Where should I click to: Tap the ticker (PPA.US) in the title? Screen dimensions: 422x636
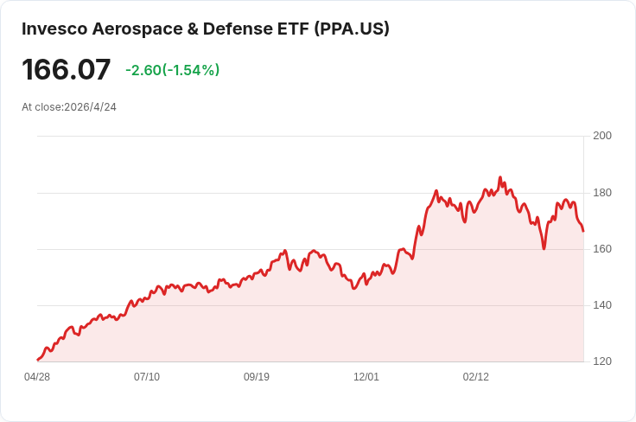click(x=353, y=29)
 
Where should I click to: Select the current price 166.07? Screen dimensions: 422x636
click(x=67, y=70)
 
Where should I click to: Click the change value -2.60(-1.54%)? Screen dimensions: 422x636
click(x=172, y=70)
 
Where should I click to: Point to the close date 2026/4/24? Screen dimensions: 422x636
click(x=90, y=107)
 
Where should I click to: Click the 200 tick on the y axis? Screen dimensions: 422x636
click(x=602, y=136)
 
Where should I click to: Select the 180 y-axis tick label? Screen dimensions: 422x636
click(x=602, y=192)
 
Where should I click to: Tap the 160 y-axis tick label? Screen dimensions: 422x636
click(x=602, y=249)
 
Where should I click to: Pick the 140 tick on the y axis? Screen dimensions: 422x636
click(x=602, y=305)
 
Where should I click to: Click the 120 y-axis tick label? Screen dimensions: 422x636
click(x=602, y=361)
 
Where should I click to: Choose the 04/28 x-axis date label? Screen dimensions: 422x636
click(x=37, y=377)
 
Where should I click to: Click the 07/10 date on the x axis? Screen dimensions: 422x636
click(x=147, y=377)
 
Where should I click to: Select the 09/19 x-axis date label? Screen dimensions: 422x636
click(x=257, y=377)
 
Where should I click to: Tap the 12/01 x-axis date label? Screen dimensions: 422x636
click(x=366, y=377)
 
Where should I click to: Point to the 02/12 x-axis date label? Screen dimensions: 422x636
click(x=476, y=377)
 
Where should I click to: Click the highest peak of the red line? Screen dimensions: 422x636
click(x=500, y=177)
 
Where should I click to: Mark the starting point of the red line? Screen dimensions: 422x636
click(x=37, y=360)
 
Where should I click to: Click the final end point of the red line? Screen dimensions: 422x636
click(x=583, y=231)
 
